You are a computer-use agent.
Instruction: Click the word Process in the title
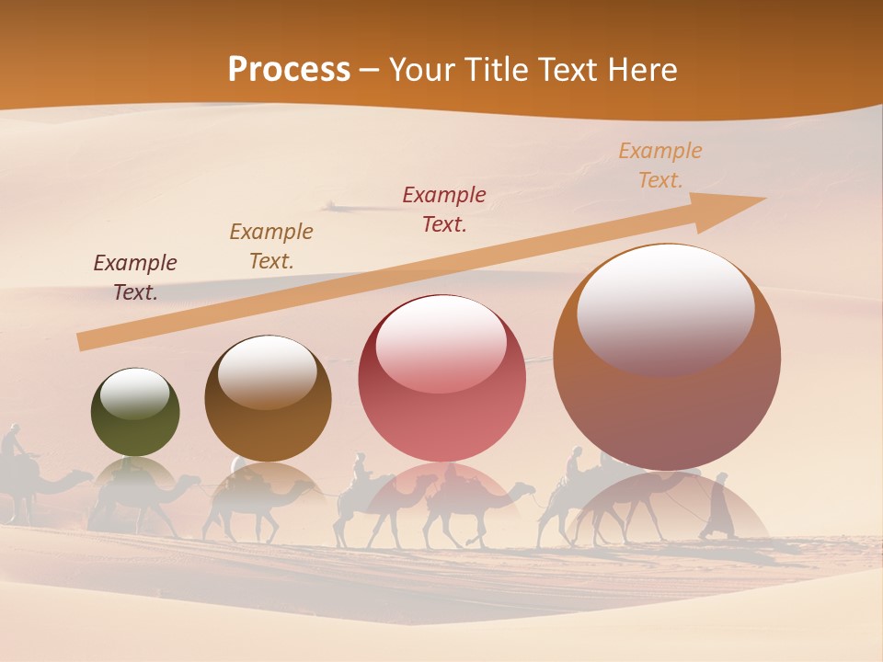(x=289, y=70)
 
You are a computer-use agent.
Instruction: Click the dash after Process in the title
(x=369, y=71)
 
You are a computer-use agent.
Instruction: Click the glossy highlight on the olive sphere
(x=135, y=393)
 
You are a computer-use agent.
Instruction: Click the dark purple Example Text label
(x=135, y=278)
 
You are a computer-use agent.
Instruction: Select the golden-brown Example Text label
(x=271, y=246)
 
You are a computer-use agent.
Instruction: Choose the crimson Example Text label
(x=444, y=209)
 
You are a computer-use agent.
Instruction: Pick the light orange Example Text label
(x=659, y=165)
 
